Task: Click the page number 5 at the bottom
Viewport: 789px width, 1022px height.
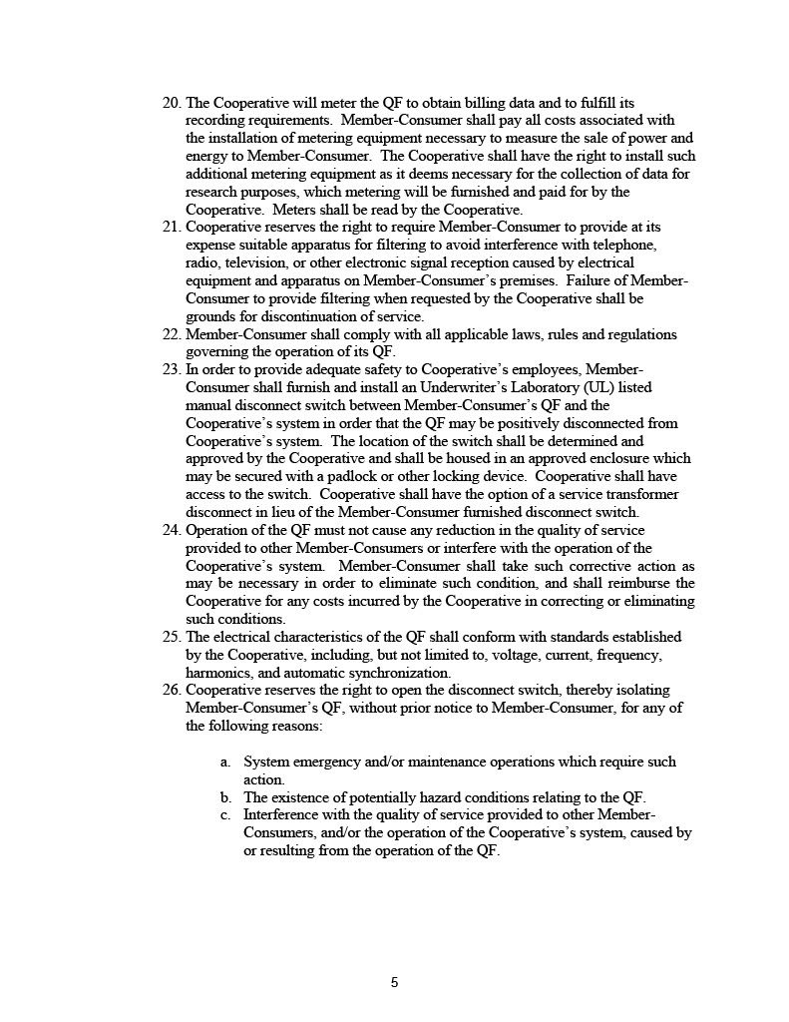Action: pyautogui.click(x=394, y=982)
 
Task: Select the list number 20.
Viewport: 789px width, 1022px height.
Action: pyautogui.click(x=172, y=103)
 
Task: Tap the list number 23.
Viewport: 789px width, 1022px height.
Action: pyautogui.click(x=172, y=369)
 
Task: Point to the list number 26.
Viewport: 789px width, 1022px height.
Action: pyautogui.click(x=172, y=691)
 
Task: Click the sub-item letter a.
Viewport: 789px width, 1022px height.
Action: pyautogui.click(x=225, y=763)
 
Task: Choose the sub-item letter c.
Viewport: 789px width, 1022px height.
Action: pyautogui.click(x=225, y=815)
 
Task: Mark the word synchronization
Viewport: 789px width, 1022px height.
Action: pyautogui.click(x=395, y=673)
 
